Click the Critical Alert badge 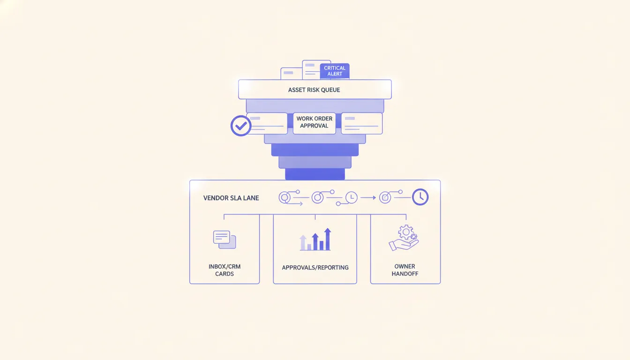coord(335,71)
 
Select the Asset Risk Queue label coord(314,90)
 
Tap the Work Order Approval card coord(314,123)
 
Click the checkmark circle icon coord(241,126)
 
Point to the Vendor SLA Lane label coord(231,198)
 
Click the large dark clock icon coord(420,197)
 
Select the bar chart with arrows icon coord(315,240)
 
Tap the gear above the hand coord(406,232)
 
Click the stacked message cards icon coord(225,240)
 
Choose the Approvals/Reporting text coord(315,268)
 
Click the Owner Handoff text coord(405,270)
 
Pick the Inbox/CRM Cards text coord(225,270)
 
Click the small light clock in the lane coord(352,197)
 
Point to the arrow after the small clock coord(368,198)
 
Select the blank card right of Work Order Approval coord(362,123)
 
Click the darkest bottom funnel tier coord(315,174)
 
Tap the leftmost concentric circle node coord(285,198)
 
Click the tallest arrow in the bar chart coord(328,239)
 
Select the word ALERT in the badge coord(335,74)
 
